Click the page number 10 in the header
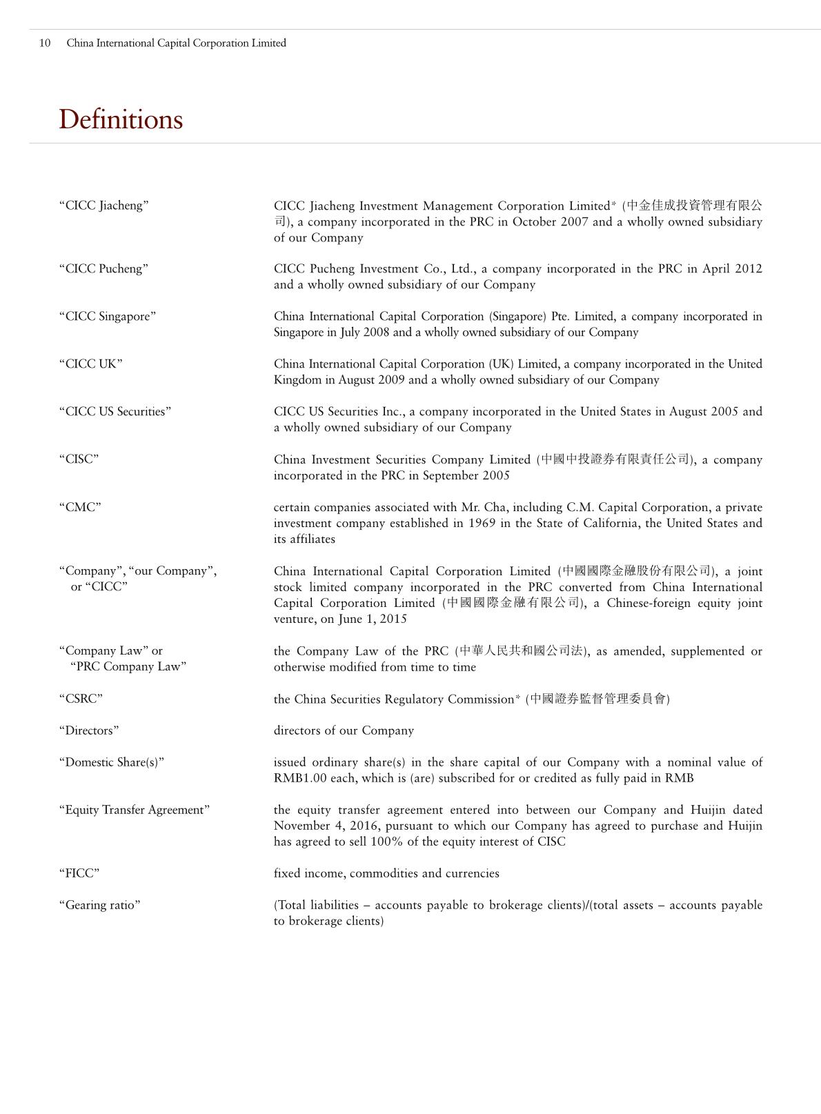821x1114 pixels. [45, 43]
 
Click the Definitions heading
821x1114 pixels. [121, 119]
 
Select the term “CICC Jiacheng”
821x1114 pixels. [104, 206]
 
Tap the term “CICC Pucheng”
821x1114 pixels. [103, 269]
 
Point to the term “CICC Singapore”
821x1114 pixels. [108, 317]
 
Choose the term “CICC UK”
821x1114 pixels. [91, 364]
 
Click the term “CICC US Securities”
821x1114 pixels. [115, 412]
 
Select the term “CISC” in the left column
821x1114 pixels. [79, 459]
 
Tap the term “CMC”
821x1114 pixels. [80, 508]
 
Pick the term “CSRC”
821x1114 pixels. [81, 699]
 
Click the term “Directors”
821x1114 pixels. [89, 730]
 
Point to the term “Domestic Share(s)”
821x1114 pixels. [112, 762]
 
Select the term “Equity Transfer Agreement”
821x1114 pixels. [135, 810]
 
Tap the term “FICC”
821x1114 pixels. [79, 873]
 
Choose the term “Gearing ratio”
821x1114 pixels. [100, 905]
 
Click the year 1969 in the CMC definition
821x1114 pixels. [482, 524]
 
